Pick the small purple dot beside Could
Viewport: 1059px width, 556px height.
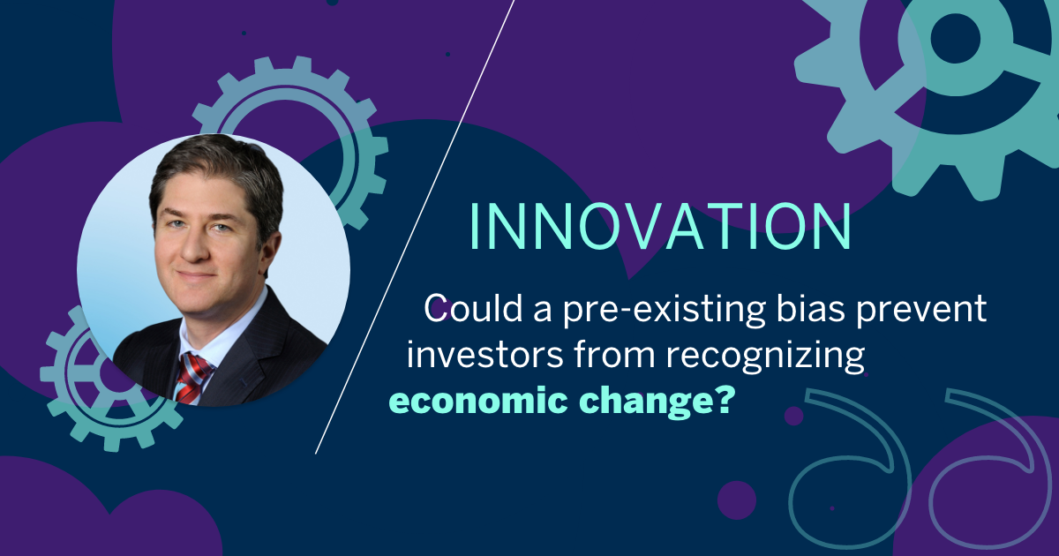[x=447, y=308]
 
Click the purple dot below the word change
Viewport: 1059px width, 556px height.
[x=793, y=416]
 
